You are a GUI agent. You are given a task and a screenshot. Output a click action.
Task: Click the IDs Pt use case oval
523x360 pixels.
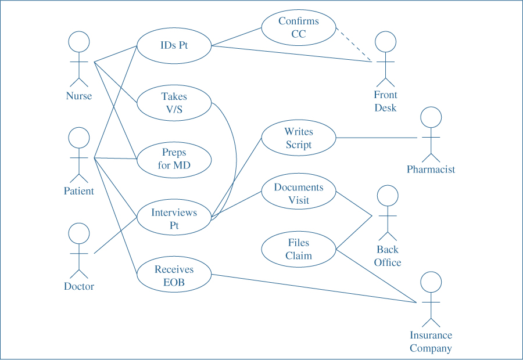pos(174,45)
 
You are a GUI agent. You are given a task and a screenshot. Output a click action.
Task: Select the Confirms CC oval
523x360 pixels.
pos(298,28)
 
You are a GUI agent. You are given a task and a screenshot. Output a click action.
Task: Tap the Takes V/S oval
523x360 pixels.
pos(174,103)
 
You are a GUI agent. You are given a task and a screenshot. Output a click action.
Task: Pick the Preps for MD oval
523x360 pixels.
pos(174,159)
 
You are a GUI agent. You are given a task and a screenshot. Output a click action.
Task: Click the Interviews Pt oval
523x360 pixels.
pos(174,219)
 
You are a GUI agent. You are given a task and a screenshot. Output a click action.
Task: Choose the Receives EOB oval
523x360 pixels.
pos(174,276)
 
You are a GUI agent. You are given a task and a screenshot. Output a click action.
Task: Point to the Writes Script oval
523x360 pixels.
pos(298,138)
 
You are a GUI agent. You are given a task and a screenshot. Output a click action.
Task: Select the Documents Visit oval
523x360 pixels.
pos(298,194)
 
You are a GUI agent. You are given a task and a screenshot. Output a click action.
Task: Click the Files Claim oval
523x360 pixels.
pos(298,250)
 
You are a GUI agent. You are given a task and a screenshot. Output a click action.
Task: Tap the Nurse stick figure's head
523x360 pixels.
pos(79,42)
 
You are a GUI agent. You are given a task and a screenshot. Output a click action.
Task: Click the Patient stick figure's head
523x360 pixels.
pos(79,138)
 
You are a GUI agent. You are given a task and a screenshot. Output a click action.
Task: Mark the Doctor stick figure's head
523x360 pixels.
pos(79,233)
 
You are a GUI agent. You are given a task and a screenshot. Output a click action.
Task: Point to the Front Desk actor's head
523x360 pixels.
pos(385,42)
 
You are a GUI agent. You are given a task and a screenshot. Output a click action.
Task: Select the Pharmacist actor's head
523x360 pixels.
pos(431,117)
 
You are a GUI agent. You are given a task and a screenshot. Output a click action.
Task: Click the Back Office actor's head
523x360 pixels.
pos(388,196)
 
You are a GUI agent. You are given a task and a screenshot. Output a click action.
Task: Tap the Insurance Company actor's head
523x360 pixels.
pos(431,282)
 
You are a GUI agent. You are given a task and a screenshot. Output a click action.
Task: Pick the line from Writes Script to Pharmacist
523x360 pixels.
pos(378,138)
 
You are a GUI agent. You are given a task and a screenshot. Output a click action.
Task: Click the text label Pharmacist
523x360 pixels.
pos(431,170)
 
